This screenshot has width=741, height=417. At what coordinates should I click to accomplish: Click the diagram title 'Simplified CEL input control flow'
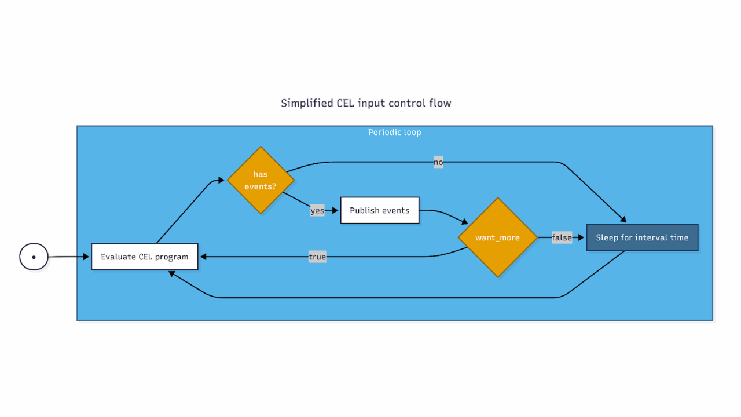coord(366,103)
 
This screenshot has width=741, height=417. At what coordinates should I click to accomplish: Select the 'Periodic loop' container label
coord(394,132)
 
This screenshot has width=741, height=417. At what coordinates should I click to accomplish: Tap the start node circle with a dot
coord(34,257)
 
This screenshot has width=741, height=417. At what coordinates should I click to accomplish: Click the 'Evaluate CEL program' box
coord(144,257)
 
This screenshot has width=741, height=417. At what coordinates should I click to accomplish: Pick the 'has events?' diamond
coord(261,180)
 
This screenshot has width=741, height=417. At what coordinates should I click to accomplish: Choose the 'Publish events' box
coord(379,210)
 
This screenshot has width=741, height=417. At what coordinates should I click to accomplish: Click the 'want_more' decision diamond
coord(497,237)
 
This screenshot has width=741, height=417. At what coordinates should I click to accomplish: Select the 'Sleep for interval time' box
coord(642,237)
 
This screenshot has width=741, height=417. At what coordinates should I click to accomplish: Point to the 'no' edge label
coord(438,162)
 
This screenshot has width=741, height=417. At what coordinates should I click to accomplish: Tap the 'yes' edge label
coord(317,210)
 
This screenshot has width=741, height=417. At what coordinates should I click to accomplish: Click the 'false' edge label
coord(562,237)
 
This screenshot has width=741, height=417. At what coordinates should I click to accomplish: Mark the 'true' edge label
coord(317,257)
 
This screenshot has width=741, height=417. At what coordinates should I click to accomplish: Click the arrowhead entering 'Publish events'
coord(335,210)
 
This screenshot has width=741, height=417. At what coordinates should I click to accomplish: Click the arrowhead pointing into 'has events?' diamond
coord(221,181)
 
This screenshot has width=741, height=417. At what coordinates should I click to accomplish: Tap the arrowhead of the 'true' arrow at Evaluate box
coord(204,257)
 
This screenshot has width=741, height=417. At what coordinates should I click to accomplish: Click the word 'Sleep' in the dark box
coord(607,237)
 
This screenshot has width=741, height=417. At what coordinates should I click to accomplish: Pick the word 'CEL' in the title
coord(346,103)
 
